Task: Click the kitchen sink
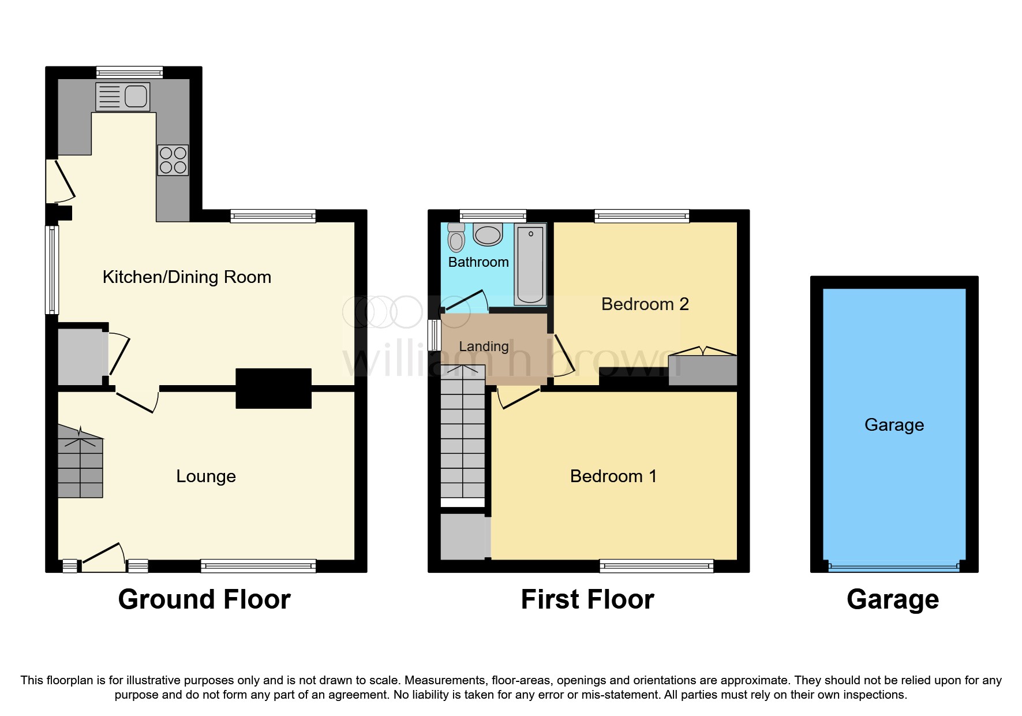[x=123, y=96]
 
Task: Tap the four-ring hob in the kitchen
[x=173, y=160]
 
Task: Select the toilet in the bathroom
[x=456, y=238]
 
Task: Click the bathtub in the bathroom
[x=530, y=264]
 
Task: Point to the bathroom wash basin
[x=488, y=234]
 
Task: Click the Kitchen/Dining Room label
[x=186, y=277]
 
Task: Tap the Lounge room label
[x=206, y=476]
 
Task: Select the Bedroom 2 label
[x=645, y=304]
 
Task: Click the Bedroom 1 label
[x=613, y=476]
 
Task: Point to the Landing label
[x=484, y=346]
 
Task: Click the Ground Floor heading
[x=204, y=599]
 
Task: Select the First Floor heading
[x=587, y=599]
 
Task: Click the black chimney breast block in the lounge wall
[x=274, y=389]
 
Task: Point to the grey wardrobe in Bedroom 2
[x=702, y=370]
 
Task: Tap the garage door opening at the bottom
[x=893, y=568]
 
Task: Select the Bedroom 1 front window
[x=656, y=566]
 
